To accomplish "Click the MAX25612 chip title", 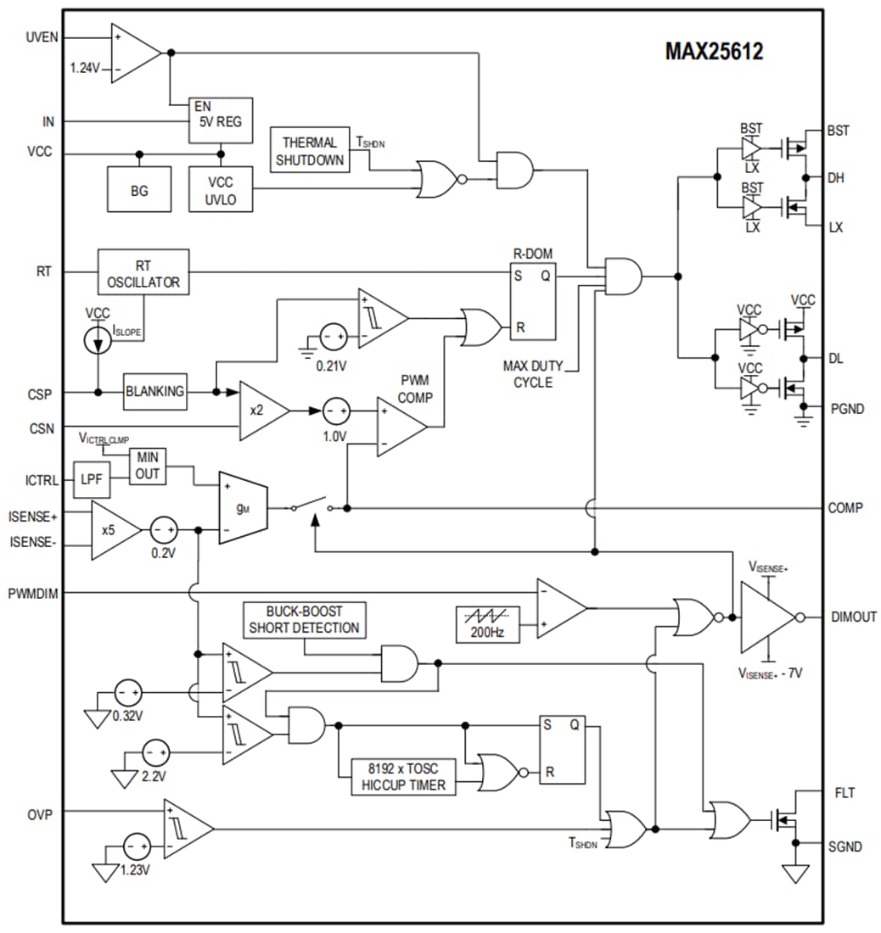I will point(713,52).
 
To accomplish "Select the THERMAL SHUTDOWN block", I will point(310,150).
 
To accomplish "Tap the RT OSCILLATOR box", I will point(143,273).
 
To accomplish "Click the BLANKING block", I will point(154,391).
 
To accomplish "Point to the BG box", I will point(139,191).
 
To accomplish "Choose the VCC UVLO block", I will point(222,191).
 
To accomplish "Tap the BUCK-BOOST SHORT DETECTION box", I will point(304,620).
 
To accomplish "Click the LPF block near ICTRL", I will point(91,480).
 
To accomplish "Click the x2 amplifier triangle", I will point(260,411).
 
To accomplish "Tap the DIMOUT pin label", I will point(854,617).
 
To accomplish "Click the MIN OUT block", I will point(147,466).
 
